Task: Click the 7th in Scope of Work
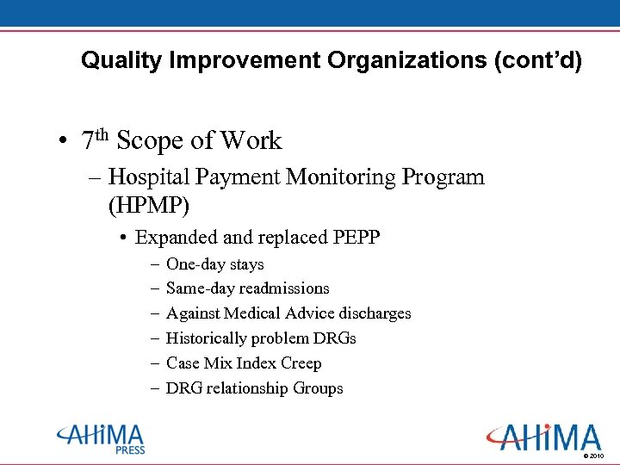click(x=95, y=139)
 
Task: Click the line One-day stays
click(x=214, y=264)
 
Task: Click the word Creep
click(x=301, y=363)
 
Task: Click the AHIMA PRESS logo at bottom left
click(x=101, y=438)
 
